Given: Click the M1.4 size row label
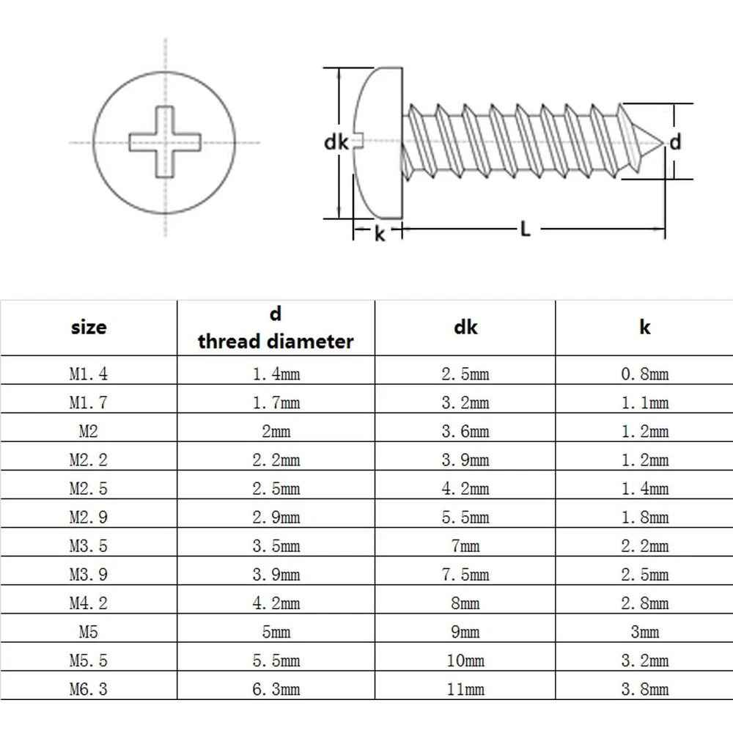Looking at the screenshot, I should click(x=88, y=374).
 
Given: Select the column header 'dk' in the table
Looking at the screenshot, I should click(x=465, y=326).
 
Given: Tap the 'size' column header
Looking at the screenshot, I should click(x=88, y=327).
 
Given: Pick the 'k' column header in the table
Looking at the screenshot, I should click(x=645, y=327).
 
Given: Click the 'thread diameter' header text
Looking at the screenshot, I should click(x=276, y=341).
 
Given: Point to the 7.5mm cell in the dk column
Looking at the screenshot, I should click(x=465, y=575).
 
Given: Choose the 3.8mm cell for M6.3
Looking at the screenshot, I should click(x=645, y=689).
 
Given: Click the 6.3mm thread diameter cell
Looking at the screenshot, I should click(x=276, y=689).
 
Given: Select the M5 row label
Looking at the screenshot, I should click(x=88, y=632).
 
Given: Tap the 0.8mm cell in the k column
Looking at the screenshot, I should click(x=645, y=374).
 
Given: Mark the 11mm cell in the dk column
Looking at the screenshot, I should click(x=465, y=689).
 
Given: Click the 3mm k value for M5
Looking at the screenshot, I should click(x=645, y=632).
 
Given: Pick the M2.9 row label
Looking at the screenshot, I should click(x=88, y=517).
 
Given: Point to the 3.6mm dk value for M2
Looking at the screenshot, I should click(x=465, y=431).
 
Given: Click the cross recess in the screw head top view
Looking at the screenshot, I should click(x=166, y=142).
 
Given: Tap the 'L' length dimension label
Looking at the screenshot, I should click(x=525, y=229).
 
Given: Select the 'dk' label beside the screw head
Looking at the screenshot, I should click(x=336, y=143).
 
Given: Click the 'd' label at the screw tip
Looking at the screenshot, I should click(x=676, y=141).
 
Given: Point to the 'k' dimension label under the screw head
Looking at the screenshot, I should click(x=380, y=235).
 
